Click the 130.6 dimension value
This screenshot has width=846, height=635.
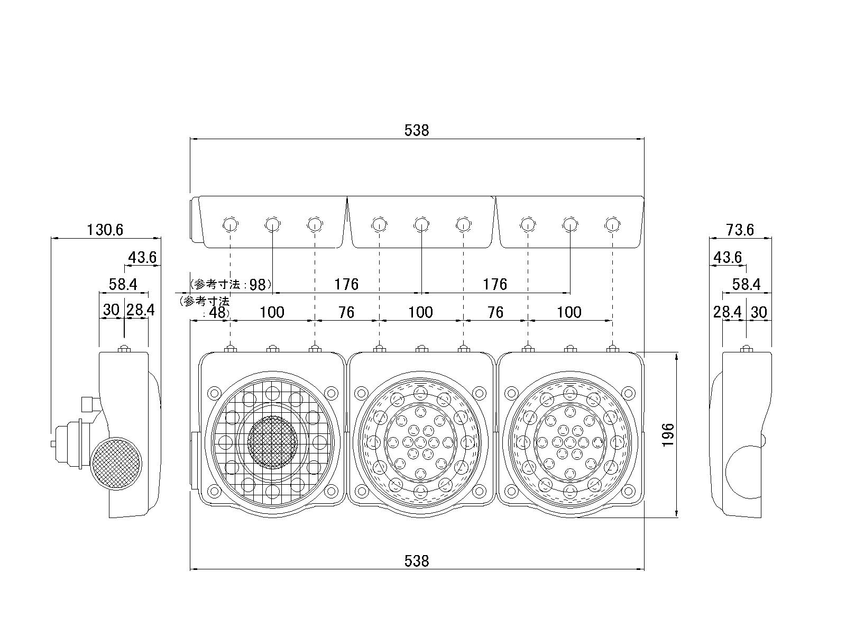click(x=105, y=230)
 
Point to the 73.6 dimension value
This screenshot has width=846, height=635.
click(x=740, y=230)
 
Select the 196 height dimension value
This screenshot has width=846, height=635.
click(x=668, y=435)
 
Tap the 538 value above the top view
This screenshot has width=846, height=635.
click(x=417, y=130)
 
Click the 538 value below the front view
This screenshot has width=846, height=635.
click(x=417, y=561)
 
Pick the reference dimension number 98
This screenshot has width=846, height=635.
click(x=258, y=285)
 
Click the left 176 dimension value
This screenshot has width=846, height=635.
click(x=346, y=285)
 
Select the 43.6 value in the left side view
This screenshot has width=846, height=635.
click(x=142, y=257)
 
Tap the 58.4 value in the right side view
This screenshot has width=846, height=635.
click(x=746, y=285)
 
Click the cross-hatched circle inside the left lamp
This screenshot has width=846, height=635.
click(x=272, y=442)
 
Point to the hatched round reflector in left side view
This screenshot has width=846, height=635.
click(x=116, y=464)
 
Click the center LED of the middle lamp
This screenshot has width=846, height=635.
click(x=420, y=442)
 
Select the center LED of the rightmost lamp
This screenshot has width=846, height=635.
click(x=570, y=442)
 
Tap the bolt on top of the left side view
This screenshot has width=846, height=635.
click(x=124, y=349)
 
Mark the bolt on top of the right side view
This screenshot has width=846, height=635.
click(x=746, y=349)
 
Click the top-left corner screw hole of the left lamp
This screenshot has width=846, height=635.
click(x=214, y=393)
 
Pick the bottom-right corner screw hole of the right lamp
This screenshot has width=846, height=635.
click(x=628, y=491)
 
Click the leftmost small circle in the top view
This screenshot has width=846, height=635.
click(x=230, y=224)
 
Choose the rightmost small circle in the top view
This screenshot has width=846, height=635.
click(x=612, y=224)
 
